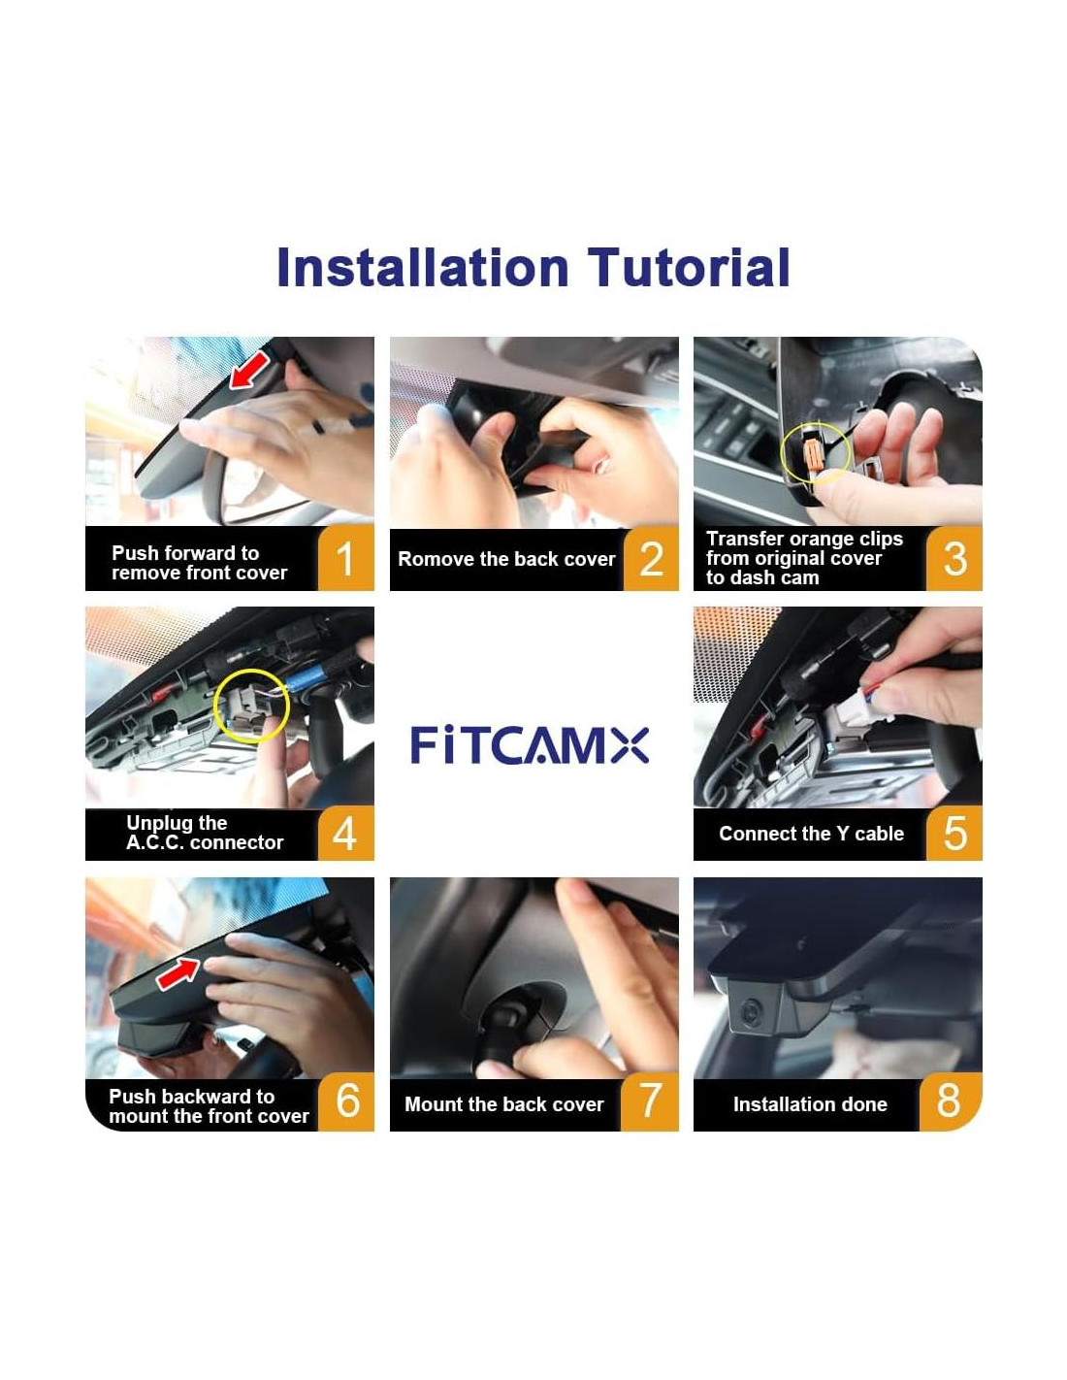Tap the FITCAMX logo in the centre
click(x=530, y=745)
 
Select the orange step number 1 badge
click(x=344, y=558)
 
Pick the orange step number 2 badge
click(x=651, y=559)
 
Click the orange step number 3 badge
click(x=954, y=558)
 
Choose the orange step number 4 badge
click(x=344, y=834)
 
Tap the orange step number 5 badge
click(x=954, y=834)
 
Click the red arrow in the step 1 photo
click(x=249, y=371)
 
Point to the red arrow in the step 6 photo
click(x=178, y=973)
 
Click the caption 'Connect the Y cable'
click(x=811, y=834)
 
